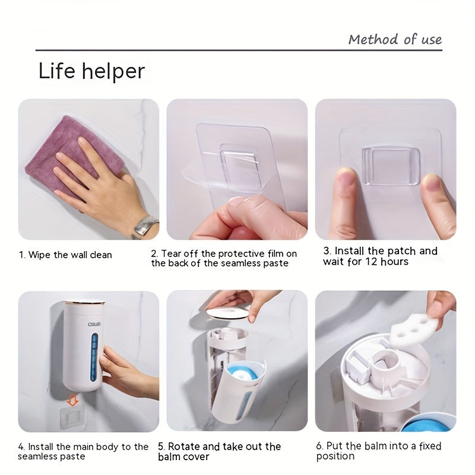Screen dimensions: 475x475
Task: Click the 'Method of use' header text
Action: click(x=395, y=40)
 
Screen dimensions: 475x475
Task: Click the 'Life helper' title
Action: click(x=91, y=71)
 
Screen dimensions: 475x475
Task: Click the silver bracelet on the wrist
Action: click(x=145, y=226)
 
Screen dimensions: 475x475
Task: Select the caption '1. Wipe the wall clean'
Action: click(x=65, y=255)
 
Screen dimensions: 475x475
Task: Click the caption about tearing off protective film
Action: click(x=224, y=258)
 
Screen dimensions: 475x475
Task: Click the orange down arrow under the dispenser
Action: click(x=73, y=401)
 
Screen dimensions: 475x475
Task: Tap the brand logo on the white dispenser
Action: click(x=77, y=324)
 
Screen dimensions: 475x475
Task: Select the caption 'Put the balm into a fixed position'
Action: click(x=378, y=451)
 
